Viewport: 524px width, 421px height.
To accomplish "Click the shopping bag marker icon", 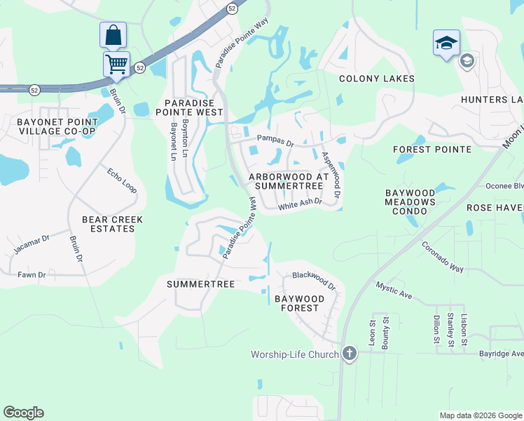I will pyautogui.click(x=113, y=35).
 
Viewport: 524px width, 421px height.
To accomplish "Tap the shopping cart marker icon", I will pyautogui.click(x=116, y=64).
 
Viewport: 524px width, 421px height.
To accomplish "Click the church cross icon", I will pyautogui.click(x=350, y=354).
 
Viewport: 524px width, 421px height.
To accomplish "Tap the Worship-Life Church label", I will pyautogui.click(x=295, y=354).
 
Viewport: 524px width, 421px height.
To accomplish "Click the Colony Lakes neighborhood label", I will pyautogui.click(x=377, y=79).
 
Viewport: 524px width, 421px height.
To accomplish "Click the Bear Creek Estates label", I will pyautogui.click(x=112, y=224).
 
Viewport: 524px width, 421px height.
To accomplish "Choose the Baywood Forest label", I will pyautogui.click(x=299, y=303).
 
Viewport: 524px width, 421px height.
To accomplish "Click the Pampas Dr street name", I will pyautogui.click(x=275, y=140).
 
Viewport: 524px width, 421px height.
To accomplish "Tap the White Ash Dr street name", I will pyautogui.click(x=299, y=203).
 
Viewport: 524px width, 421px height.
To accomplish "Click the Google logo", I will pyautogui.click(x=23, y=413).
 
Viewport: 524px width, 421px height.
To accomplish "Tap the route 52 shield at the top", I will pyautogui.click(x=232, y=8).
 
